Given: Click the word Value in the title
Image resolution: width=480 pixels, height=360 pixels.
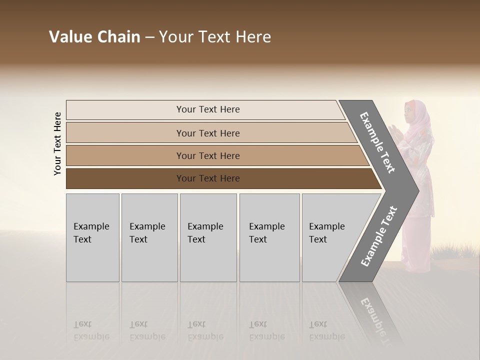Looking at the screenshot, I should (70, 37).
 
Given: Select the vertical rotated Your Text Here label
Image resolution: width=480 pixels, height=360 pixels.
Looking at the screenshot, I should (57, 143).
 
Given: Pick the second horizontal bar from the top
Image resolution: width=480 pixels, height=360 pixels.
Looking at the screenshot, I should (207, 133).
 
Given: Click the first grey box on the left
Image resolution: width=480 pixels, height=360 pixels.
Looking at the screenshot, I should (92, 237).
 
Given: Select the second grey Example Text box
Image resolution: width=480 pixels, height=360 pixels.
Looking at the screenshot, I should (149, 237).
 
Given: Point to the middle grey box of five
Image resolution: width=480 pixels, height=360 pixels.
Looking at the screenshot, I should (208, 237).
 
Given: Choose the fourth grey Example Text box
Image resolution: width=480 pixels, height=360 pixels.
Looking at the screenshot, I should (269, 237).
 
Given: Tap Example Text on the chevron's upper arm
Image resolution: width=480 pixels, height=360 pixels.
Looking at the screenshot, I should (378, 142).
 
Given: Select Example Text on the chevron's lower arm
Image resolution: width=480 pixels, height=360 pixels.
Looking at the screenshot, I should (378, 236).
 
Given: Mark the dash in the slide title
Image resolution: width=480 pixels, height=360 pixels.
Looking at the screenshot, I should (149, 37).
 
